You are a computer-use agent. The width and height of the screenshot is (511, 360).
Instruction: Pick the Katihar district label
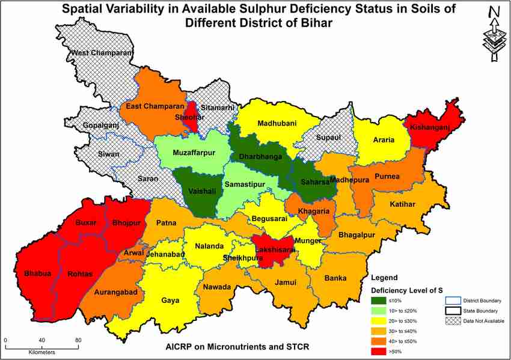click(402, 204)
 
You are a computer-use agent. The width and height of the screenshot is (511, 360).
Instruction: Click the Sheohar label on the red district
click(190, 118)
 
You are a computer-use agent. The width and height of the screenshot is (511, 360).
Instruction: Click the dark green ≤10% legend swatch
click(379, 300)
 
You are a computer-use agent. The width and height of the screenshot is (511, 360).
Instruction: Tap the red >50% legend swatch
click(379, 351)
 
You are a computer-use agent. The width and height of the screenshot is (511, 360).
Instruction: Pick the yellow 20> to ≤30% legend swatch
click(379, 320)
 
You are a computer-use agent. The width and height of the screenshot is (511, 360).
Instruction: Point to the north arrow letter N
click(494, 11)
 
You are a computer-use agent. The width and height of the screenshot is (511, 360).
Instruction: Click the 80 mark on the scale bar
click(78, 341)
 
